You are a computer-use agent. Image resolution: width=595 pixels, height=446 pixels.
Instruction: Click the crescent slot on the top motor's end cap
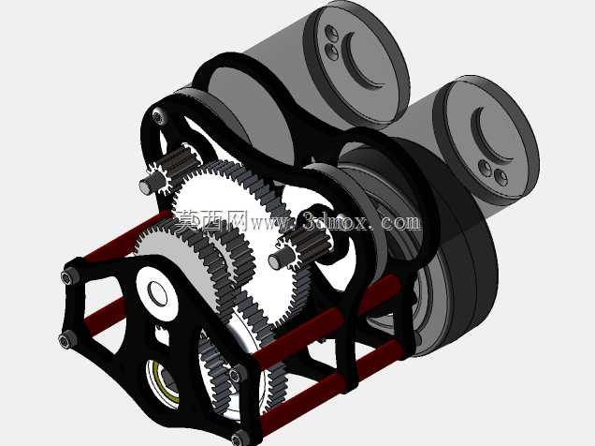[x=352, y=65]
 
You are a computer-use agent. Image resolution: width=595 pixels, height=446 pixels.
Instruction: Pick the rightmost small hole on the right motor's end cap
[x=501, y=177]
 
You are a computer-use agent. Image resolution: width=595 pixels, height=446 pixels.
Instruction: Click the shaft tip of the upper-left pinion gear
[x=145, y=186]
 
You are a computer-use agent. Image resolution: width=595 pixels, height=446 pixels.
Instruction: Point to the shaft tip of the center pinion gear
[x=274, y=261]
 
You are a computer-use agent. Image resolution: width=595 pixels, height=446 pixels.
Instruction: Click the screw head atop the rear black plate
[x=159, y=117]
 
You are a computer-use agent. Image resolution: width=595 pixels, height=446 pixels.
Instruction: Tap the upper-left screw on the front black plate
[x=67, y=276]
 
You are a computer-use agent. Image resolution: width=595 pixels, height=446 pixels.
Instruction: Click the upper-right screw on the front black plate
[x=235, y=374]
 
